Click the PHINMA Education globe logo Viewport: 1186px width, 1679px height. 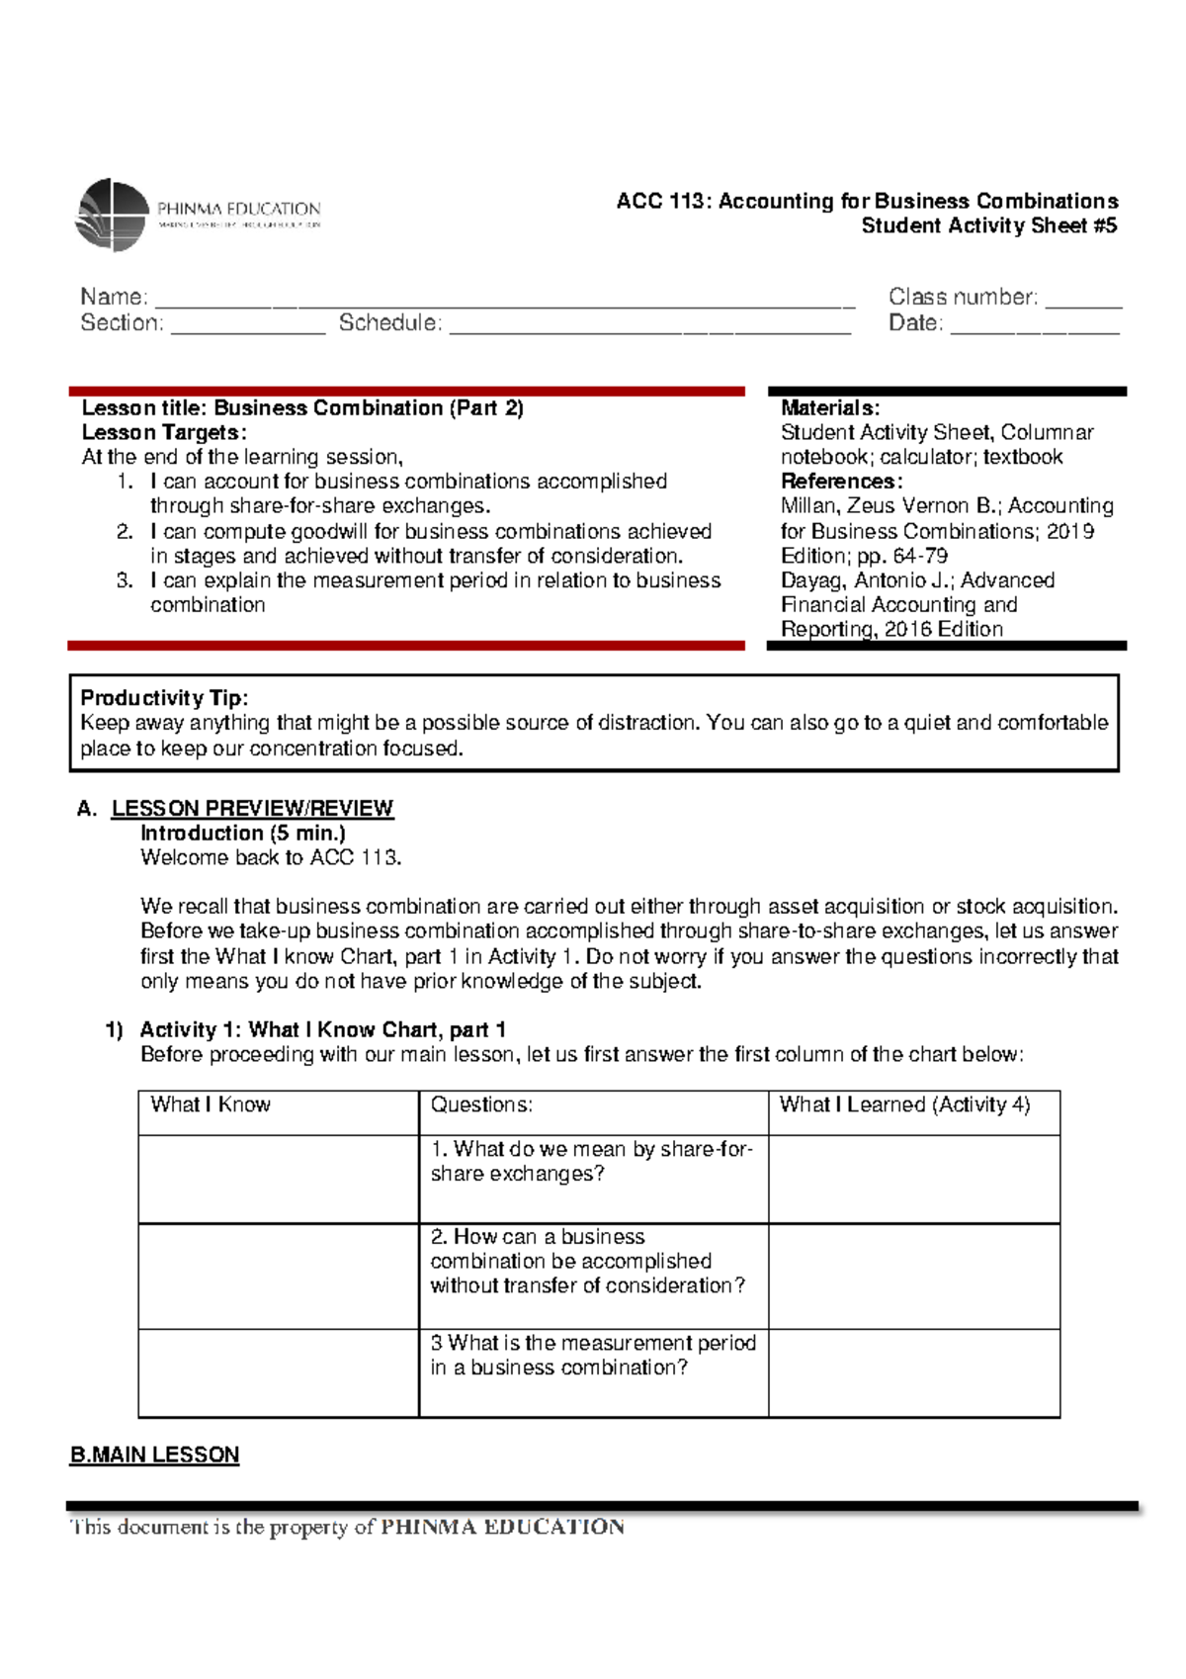pos(112,215)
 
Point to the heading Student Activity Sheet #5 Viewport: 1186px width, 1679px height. pos(988,225)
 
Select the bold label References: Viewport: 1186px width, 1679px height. pos(841,482)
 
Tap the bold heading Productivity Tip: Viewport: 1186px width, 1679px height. pos(164,698)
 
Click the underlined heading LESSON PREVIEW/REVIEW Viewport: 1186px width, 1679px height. pos(252,808)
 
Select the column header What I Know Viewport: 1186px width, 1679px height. pos(211,1105)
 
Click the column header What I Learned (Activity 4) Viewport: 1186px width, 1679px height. pos(904,1105)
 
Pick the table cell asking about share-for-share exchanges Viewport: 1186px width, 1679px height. pos(592,1162)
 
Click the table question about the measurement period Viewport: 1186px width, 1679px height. pos(592,1356)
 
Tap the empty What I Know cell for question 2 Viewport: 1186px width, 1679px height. pos(278,1276)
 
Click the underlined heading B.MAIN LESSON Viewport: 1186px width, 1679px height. pos(154,1455)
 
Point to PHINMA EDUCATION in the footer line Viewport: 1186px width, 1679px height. pos(502,1527)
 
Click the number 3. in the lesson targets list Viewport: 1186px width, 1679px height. pos(125,580)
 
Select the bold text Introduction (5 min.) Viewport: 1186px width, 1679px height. pos(242,833)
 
